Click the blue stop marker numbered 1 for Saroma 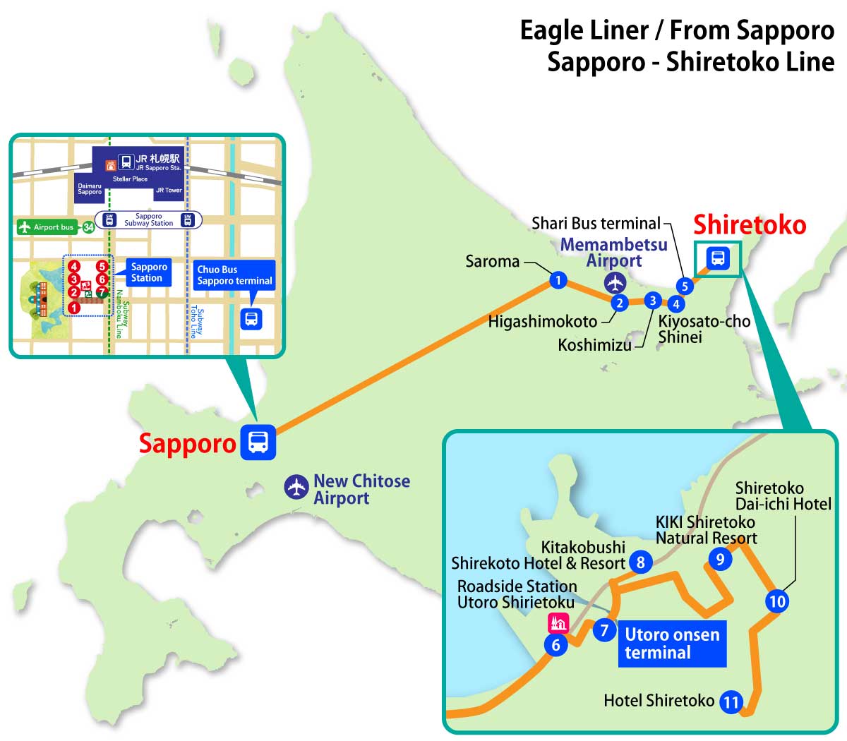558,280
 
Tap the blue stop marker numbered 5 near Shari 684,286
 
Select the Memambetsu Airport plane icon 615,282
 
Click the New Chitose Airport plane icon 296,488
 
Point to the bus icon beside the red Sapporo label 258,442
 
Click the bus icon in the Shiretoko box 718,258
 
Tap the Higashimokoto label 542,322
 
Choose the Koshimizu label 594,344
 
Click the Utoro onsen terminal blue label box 672,643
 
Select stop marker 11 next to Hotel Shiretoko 731,702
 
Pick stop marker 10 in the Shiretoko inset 776,601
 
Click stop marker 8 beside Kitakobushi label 641,562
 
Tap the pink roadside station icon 558,622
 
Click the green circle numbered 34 88,227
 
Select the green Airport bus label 47,227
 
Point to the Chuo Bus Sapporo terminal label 234,275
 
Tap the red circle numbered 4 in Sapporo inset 74,267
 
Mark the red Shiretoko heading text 749,224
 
